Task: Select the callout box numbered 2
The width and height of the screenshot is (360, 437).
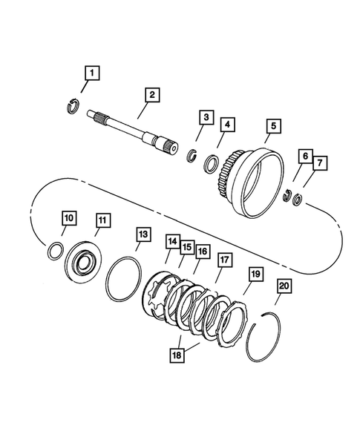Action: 151,94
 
